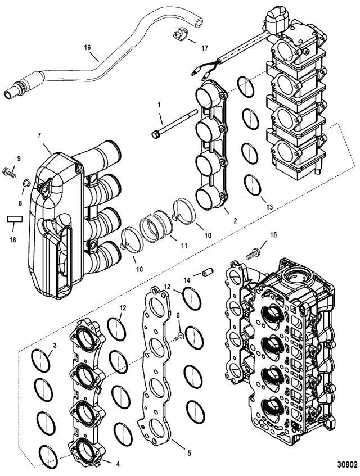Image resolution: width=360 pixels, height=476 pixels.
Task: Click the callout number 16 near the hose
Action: pos(88,47)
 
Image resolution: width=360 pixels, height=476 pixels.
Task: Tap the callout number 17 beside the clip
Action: pos(204,48)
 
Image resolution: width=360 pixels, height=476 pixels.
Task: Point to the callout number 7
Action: pos(39,135)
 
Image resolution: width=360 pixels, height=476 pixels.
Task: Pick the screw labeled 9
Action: pos(8,172)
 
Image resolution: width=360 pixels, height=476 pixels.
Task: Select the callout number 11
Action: pos(184,246)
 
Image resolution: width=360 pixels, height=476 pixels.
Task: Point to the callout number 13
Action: pos(269,207)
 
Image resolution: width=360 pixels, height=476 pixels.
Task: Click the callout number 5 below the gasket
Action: pos(189,453)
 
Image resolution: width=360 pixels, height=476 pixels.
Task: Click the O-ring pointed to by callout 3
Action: pos(40,360)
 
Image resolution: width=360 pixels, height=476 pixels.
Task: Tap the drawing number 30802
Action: pos(346,464)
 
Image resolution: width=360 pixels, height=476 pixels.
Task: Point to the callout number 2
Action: pos(236,221)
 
